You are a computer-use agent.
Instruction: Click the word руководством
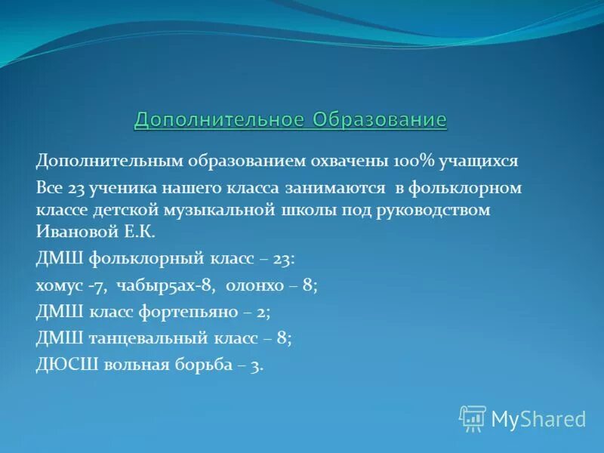pyautogui.click(x=438, y=209)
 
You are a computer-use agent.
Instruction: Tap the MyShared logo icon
pyautogui.click(x=473, y=418)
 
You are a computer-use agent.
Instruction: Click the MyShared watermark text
pyautogui.click(x=538, y=419)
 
